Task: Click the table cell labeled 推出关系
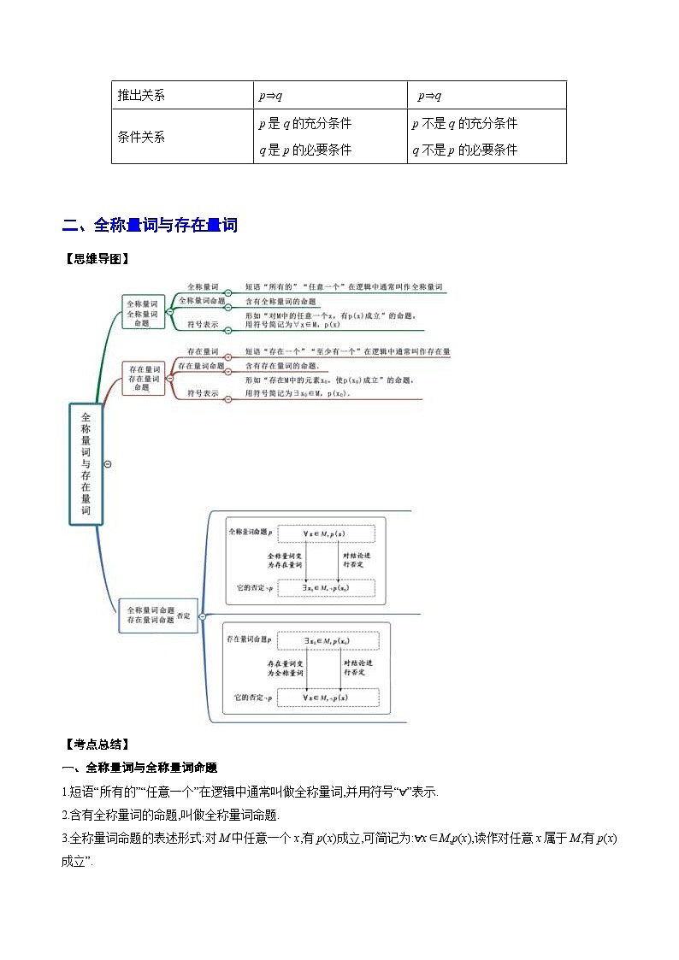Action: pos(141,96)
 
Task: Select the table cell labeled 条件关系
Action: pos(141,137)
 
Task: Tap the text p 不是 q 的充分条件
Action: pos(464,123)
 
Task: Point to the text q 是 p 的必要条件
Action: pos(305,150)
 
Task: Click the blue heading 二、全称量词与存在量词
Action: pos(150,226)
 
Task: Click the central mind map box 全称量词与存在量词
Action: pos(86,463)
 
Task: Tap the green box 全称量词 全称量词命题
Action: pos(143,313)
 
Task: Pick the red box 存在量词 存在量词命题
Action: pos(144,377)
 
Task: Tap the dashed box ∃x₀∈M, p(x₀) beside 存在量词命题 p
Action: pos(326,640)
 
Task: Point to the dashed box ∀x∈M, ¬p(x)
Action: pos(325,698)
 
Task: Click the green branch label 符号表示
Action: pos(203,325)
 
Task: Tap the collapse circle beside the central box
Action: pos(108,463)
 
